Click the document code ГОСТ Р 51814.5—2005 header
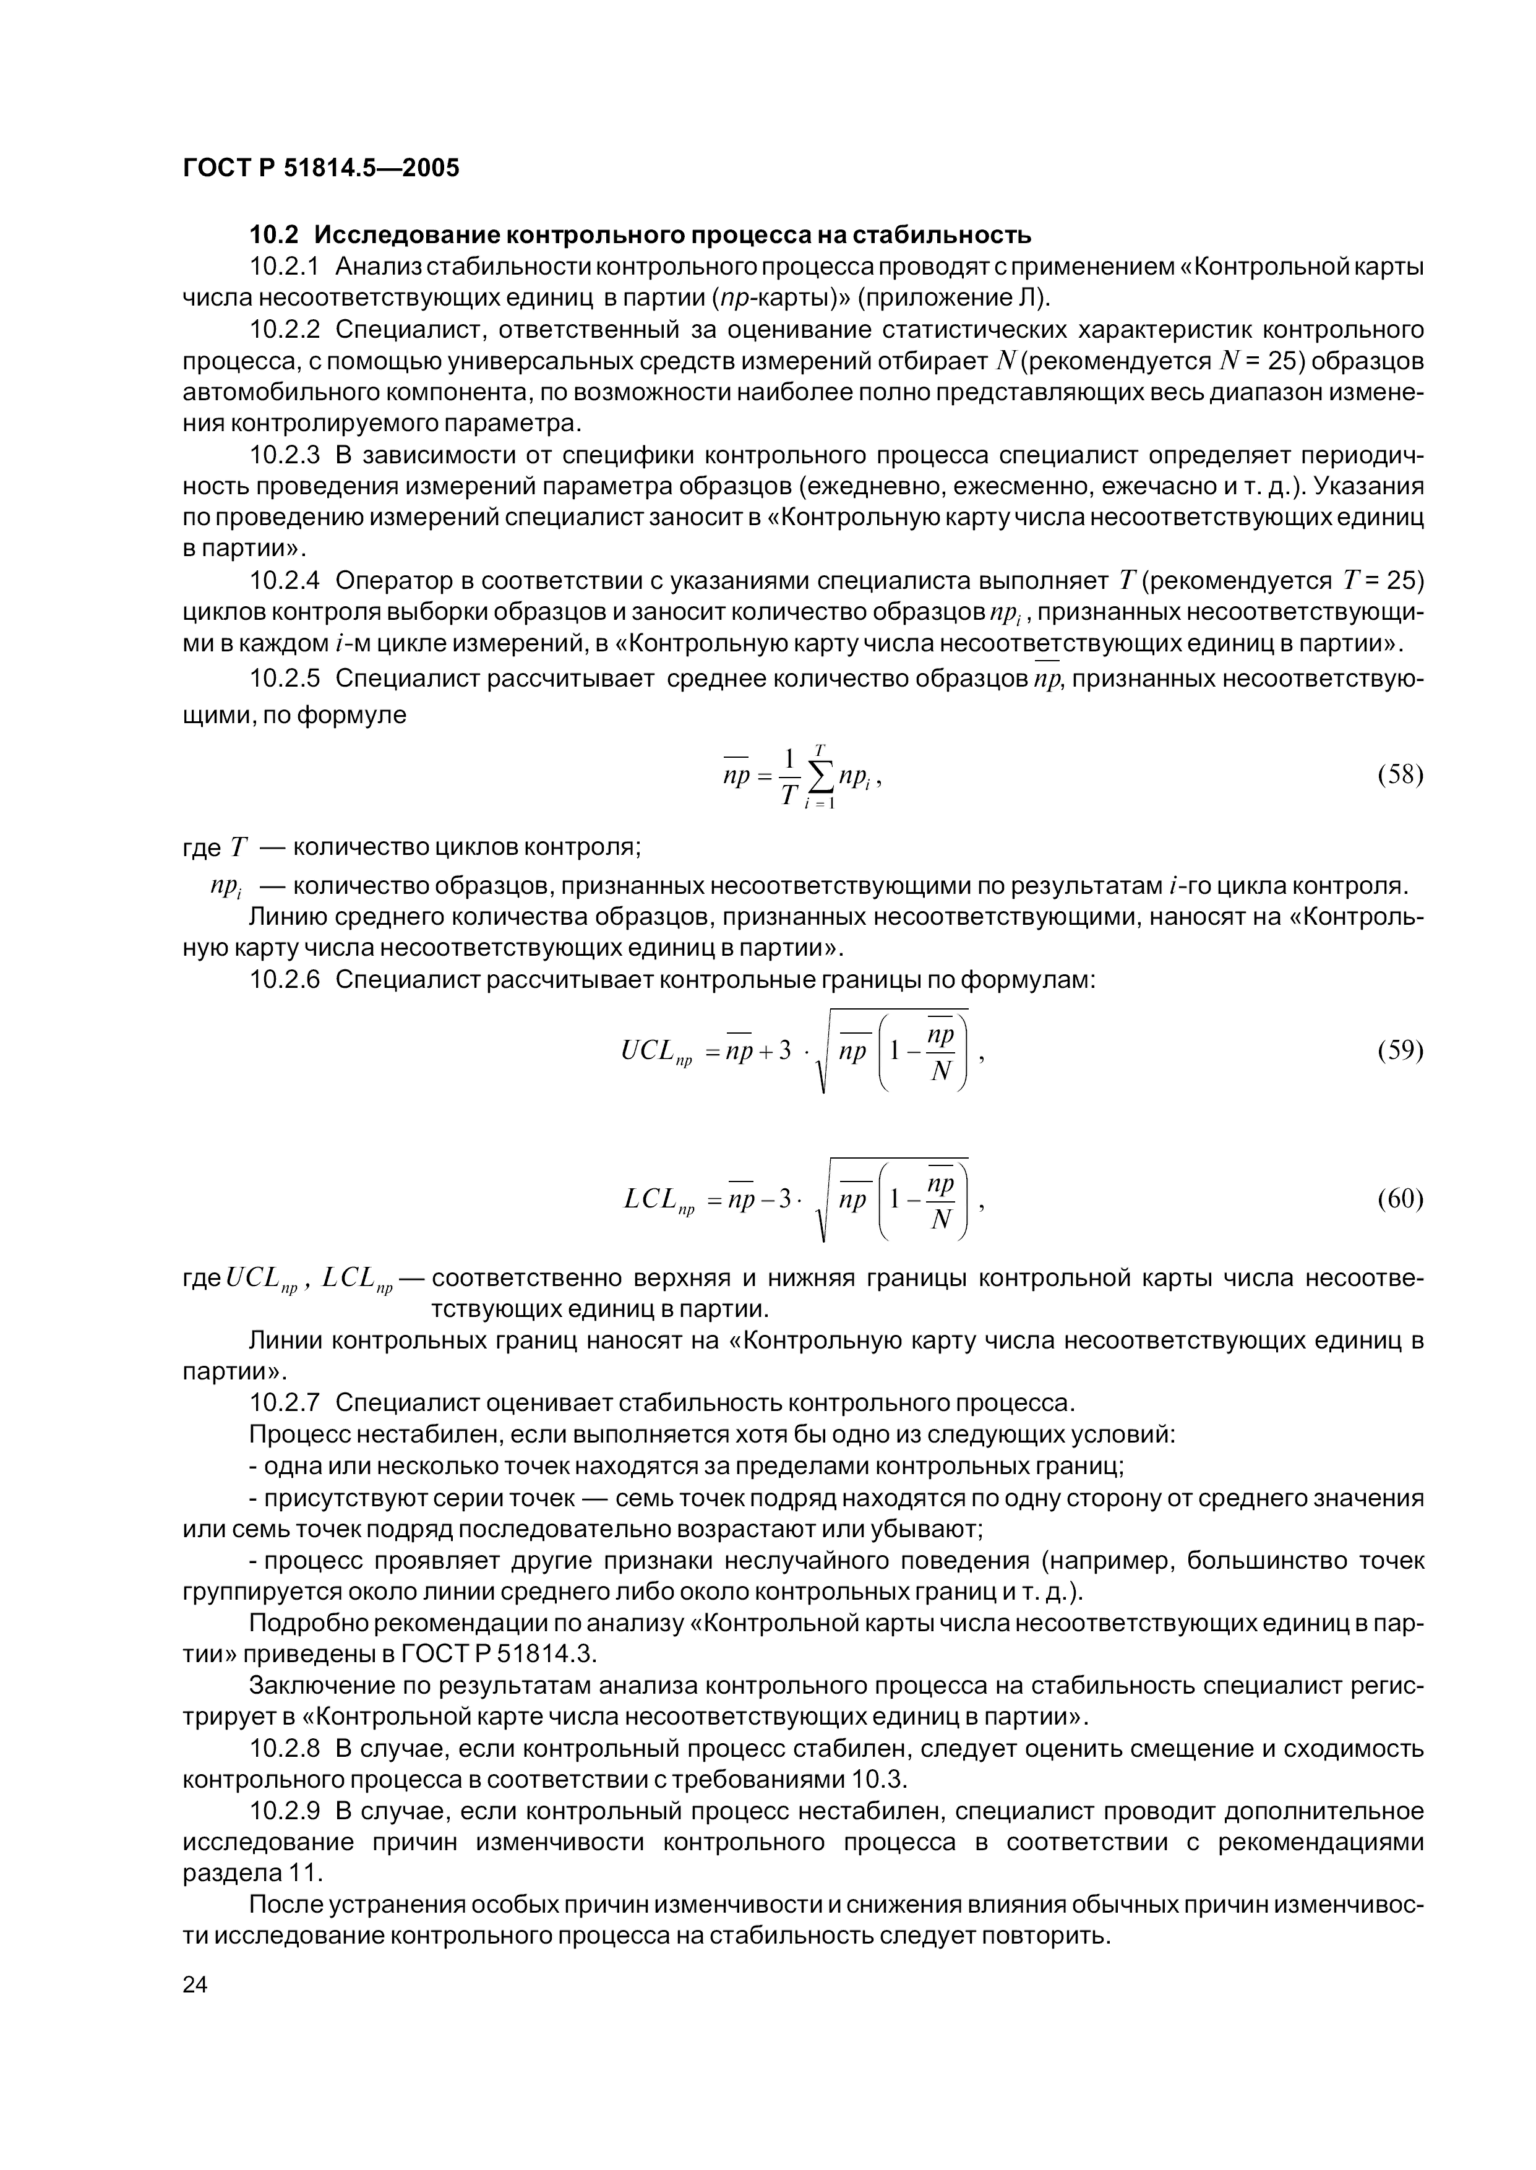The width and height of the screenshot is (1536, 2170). (x=320, y=168)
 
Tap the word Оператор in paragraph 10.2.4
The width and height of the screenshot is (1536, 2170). (x=393, y=578)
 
